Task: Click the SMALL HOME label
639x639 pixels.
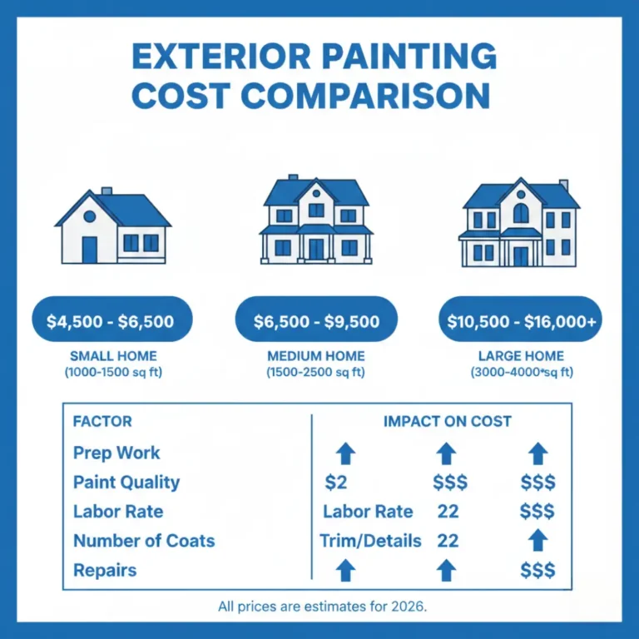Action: click(x=113, y=357)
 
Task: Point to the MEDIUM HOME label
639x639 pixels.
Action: click(x=316, y=357)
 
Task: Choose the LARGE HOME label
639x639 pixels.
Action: click(x=521, y=357)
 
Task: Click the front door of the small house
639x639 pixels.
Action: click(x=90, y=249)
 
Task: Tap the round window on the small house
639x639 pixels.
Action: click(x=89, y=215)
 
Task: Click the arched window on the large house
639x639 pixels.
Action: click(x=521, y=213)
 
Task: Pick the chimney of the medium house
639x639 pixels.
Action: click(x=292, y=178)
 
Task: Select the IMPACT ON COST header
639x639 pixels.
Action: click(x=447, y=422)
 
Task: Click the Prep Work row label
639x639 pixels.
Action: click(x=116, y=453)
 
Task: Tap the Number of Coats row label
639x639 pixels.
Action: click(x=144, y=541)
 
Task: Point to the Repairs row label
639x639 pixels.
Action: click(x=105, y=571)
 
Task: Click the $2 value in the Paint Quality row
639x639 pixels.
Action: click(x=336, y=483)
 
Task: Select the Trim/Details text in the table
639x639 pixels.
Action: click(x=370, y=541)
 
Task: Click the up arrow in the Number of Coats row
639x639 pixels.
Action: click(x=538, y=541)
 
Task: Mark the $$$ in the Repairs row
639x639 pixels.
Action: click(x=537, y=571)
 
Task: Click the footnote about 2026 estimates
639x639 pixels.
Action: click(x=322, y=606)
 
